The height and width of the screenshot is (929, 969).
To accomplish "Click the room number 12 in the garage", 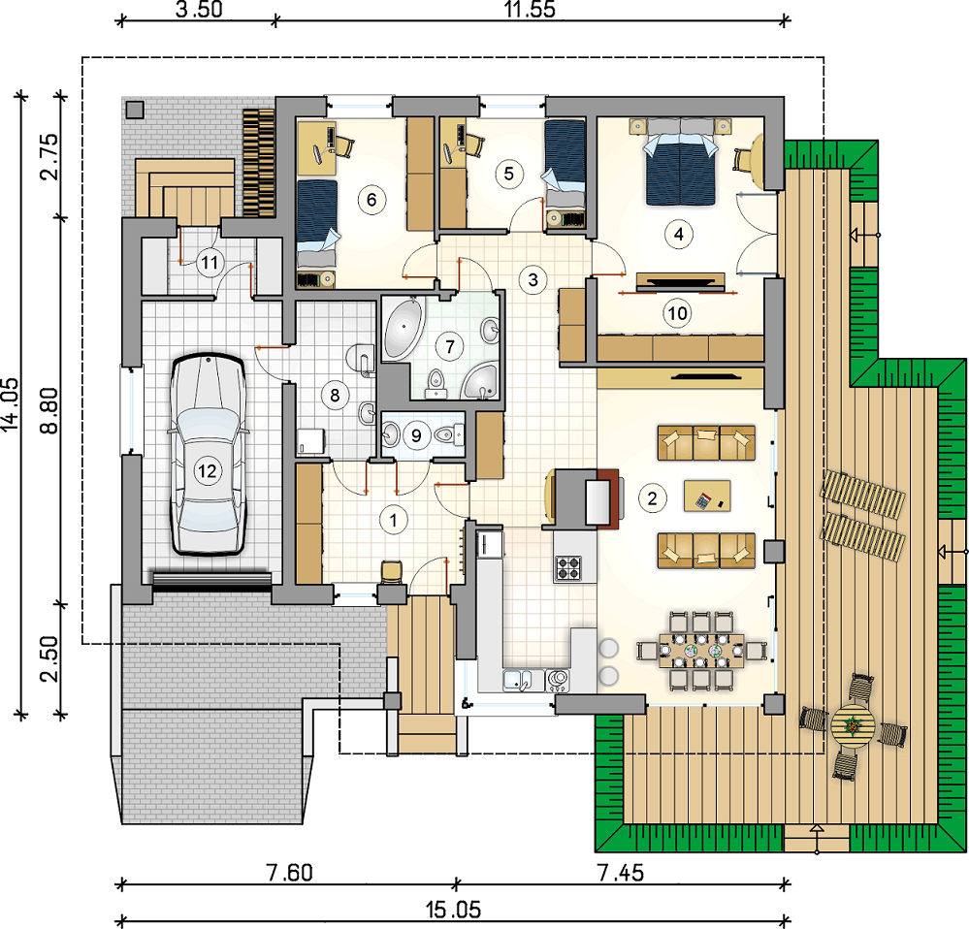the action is (207, 471).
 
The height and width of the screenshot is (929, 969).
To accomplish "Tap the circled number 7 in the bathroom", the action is (450, 346).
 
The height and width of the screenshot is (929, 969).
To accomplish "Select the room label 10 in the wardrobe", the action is (677, 313).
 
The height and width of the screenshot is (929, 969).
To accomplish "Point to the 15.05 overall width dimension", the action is (453, 910).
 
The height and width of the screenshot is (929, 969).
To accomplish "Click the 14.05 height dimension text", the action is (11, 404).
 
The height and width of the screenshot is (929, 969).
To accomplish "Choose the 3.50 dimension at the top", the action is (199, 10).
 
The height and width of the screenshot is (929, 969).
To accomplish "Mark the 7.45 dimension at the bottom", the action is (621, 873).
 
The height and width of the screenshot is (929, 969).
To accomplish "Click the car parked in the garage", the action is (208, 455).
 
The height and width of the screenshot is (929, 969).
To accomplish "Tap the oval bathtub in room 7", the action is (404, 328).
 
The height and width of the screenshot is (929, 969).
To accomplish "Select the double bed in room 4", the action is (680, 161).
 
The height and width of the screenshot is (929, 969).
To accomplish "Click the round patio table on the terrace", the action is (853, 726).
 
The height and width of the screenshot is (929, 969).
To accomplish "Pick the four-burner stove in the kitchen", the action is (568, 567).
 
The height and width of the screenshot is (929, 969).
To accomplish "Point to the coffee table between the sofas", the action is (707, 496).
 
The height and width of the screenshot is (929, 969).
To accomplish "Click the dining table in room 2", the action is (701, 651).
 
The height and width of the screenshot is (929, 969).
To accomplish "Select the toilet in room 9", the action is (449, 434).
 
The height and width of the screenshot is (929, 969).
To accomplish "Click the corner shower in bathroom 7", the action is (480, 381).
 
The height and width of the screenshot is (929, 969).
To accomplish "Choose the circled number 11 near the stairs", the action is (210, 263).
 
